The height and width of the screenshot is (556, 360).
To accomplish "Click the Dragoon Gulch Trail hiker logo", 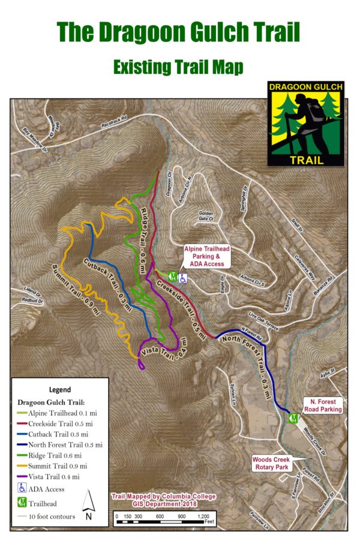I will point(305,124).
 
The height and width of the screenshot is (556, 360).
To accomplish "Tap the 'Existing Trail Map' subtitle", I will point(178,67).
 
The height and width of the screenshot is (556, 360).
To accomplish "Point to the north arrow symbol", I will point(88,504).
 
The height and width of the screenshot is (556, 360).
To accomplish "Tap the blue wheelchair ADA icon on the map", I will point(182,277).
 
